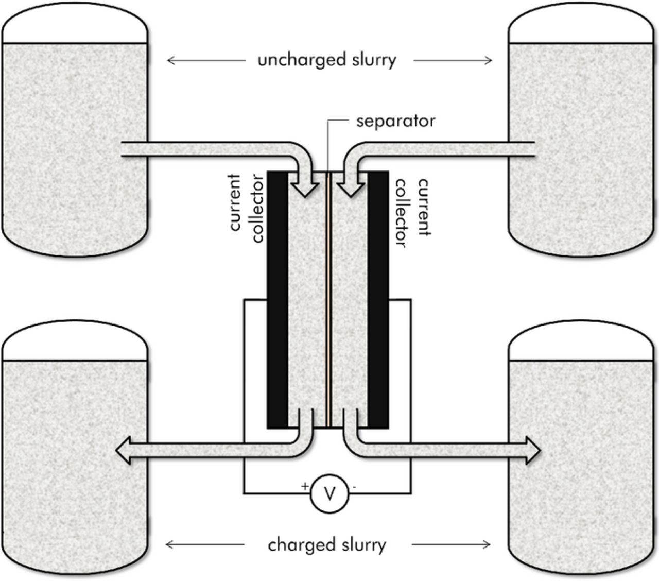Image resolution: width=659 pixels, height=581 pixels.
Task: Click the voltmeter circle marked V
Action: [x=329, y=494]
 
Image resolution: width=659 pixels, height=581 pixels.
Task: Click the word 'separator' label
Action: [x=395, y=121]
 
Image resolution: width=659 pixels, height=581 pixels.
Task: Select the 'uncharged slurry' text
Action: [x=327, y=60]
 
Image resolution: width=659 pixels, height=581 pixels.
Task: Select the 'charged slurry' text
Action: [x=327, y=544]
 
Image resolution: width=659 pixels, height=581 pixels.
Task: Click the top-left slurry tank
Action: [x=75, y=129]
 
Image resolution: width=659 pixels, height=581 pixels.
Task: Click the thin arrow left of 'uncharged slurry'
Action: [x=206, y=61]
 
